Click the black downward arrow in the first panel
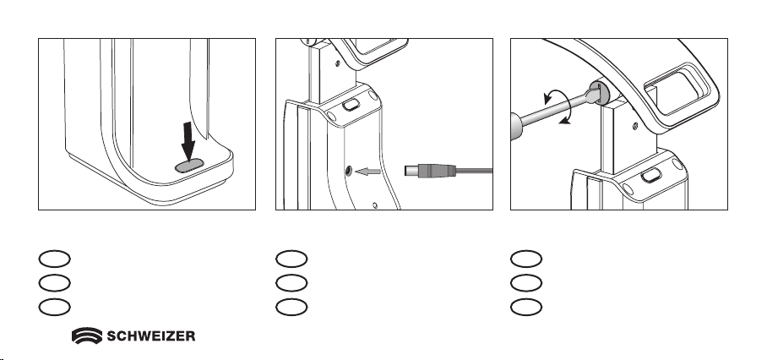[188, 141]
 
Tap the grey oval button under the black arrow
[189, 166]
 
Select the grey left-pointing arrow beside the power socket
[367, 172]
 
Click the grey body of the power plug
[430, 171]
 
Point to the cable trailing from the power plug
[475, 171]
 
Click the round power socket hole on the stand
[348, 171]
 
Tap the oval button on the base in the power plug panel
[351, 105]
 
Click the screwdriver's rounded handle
[517, 126]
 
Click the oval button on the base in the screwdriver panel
[651, 175]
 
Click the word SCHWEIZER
[150, 336]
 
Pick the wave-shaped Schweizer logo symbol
[87, 335]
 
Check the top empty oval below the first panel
[54, 259]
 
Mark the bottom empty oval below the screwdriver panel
[526, 307]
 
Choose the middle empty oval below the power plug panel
[291, 283]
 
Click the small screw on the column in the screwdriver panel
[635, 127]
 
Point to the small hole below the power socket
[375, 205]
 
